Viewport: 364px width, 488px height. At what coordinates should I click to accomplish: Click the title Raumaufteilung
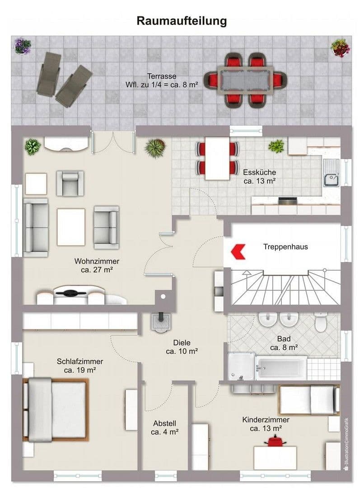[182, 21]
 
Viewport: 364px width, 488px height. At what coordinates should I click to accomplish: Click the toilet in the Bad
[321, 323]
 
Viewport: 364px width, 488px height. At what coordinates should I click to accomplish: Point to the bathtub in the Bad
[281, 367]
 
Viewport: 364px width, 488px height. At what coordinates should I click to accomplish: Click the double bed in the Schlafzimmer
[57, 410]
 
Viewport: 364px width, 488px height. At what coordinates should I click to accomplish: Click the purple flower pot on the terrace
[22, 46]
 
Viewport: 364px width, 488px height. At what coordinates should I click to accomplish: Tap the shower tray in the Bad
[241, 366]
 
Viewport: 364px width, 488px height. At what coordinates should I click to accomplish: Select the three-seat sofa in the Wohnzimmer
[36, 227]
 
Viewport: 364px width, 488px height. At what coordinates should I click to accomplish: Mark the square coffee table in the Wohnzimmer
[71, 227]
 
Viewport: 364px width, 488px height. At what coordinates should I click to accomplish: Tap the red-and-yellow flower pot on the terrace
[340, 47]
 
